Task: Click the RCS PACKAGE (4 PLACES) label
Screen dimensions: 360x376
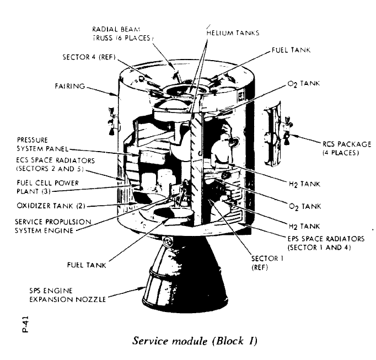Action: click(x=338, y=148)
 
